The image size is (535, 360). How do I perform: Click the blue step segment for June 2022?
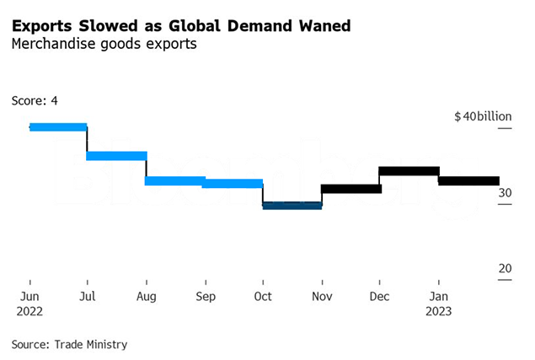tap(58, 127)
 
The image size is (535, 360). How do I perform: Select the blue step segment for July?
tap(117, 156)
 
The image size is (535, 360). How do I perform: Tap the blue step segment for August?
tap(175, 180)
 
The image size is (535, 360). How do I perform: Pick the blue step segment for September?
tap(233, 183)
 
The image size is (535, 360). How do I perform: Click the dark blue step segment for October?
tap(292, 205)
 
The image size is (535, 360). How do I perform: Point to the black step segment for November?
tap(350, 188)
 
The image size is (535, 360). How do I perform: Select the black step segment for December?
tap(409, 171)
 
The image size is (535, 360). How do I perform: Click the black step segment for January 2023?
tap(468, 180)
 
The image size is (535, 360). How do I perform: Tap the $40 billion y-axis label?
tap(483, 116)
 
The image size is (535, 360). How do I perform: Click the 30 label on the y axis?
tap(505, 192)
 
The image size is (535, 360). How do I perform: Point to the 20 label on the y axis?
tap(505, 268)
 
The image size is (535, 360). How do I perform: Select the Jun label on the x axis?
tap(29, 296)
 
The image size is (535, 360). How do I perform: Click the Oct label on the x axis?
tap(263, 296)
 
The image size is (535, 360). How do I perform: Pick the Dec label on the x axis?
tap(380, 296)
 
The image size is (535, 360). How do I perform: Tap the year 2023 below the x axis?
tap(438, 310)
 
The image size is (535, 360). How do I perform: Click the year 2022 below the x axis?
tap(29, 310)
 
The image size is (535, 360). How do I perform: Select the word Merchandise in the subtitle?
tap(48, 44)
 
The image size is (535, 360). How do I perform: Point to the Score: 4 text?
tap(35, 100)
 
